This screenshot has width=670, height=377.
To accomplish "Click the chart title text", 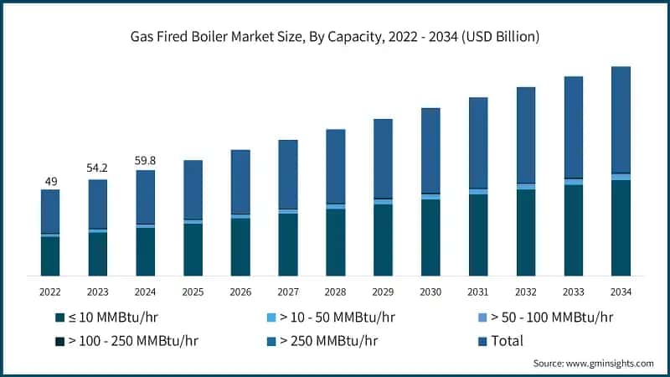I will (335, 37).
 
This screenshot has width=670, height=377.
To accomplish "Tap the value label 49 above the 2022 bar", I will (50, 181).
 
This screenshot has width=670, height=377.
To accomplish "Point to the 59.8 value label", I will (146, 161).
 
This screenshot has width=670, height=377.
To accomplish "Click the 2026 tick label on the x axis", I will (240, 292).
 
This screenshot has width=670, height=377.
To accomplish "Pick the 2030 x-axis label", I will (430, 292).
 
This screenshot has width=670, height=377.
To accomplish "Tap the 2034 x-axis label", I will (621, 292).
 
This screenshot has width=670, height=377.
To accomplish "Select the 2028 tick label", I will (335, 292).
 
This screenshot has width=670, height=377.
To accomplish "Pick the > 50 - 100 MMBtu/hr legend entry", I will (552, 318).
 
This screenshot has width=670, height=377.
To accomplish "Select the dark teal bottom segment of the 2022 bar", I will (50, 256).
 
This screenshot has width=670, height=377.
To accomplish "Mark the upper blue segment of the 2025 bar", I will (193, 189).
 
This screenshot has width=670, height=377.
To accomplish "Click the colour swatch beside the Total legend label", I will (482, 341).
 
